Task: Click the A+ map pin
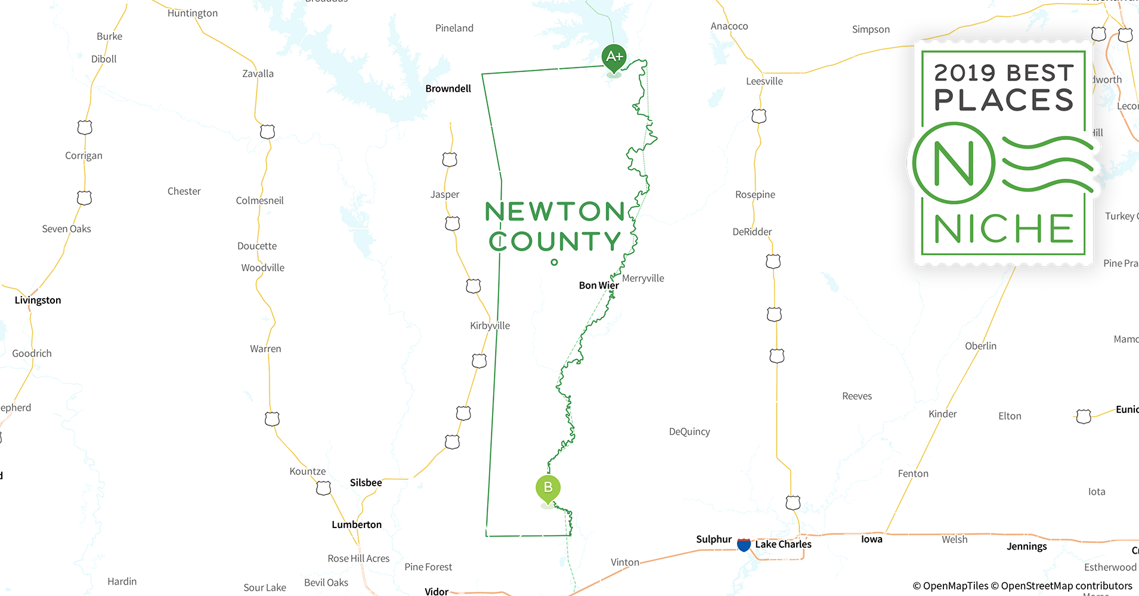click(614, 58)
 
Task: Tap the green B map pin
click(548, 488)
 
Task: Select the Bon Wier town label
click(598, 285)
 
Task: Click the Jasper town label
click(445, 194)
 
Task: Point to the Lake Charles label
click(783, 544)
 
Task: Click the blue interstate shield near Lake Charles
click(744, 544)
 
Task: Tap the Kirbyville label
click(490, 325)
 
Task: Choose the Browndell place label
click(448, 89)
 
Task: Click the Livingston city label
click(38, 300)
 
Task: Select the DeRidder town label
click(752, 232)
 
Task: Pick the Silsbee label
click(366, 483)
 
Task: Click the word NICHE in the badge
click(1004, 229)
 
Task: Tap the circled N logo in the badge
click(954, 163)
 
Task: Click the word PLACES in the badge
click(1004, 100)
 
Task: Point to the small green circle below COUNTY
click(554, 262)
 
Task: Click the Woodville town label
click(262, 268)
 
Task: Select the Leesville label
click(764, 82)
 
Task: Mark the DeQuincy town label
click(689, 432)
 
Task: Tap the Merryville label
click(643, 278)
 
